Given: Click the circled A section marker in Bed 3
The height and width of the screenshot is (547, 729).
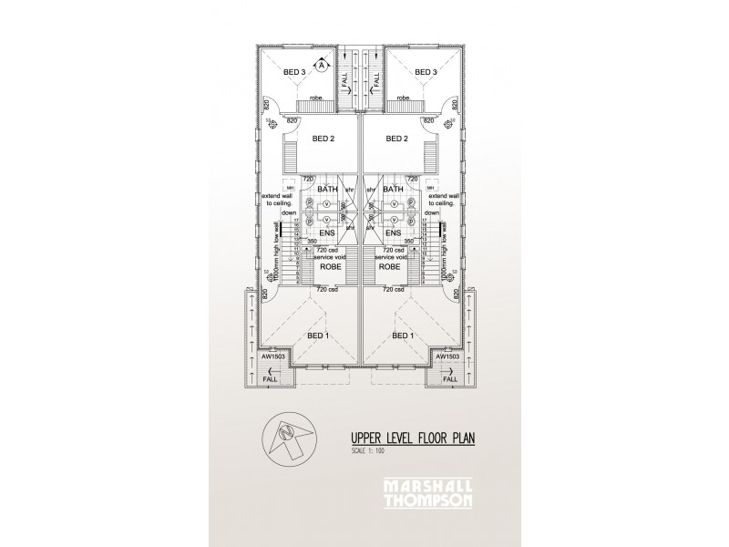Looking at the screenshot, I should [322, 65].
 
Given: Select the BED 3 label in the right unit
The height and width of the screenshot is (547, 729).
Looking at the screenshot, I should [426, 72].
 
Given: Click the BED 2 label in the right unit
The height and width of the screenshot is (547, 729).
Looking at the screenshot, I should [396, 139].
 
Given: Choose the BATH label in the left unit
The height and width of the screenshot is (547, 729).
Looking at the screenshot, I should [327, 189].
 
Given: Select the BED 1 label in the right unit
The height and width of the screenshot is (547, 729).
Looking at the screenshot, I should [403, 336].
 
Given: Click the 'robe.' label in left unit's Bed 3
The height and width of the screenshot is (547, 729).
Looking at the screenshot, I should [316, 97].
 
